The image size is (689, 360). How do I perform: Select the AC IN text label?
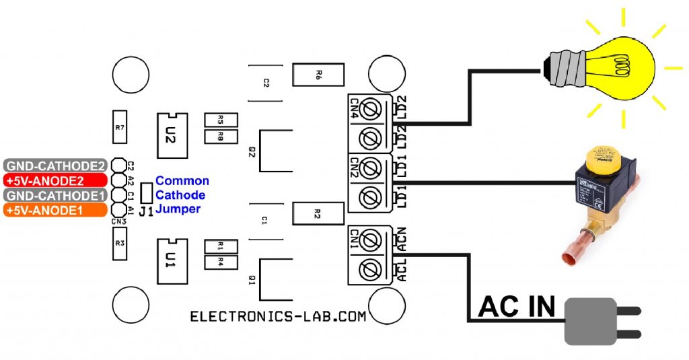[517, 307]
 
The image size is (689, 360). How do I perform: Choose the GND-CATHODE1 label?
[55, 195]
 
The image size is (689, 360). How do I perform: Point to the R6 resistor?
[318, 75]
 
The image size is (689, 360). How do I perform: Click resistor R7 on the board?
[120, 127]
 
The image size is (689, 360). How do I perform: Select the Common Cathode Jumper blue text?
[182, 195]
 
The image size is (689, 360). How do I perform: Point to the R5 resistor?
[221, 120]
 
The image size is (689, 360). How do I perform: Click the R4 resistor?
[221, 262]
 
